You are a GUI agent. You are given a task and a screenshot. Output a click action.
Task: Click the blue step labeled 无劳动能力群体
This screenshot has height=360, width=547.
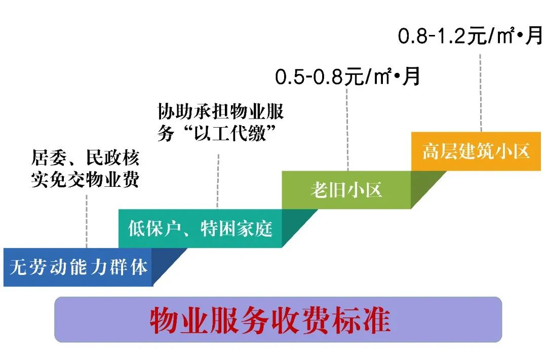point(78,267)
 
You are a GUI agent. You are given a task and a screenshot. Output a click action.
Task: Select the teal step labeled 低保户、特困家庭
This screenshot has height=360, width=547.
point(200,228)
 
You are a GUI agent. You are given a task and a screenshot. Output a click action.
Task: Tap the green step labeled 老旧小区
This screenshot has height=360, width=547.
point(346,190)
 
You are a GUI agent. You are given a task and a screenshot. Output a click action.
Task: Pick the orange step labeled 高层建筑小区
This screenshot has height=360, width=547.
point(476,151)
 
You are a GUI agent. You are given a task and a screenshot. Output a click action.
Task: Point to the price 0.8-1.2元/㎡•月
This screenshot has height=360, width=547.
point(470,35)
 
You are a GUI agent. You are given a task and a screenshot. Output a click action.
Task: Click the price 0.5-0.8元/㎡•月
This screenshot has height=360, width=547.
point(347,77)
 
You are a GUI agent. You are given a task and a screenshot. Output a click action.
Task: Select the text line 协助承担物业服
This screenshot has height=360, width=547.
point(220,111)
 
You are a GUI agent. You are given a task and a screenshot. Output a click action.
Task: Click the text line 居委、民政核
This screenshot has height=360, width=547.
point(86,157)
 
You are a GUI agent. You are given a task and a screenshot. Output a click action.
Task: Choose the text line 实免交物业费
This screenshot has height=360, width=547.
point(86,179)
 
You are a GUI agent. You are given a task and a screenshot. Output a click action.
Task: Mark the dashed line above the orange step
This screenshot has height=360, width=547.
point(480,93)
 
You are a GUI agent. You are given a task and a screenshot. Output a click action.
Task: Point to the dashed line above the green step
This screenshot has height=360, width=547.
point(347,130)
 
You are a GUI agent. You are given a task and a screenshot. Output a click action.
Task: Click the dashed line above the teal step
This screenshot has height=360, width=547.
point(218,182)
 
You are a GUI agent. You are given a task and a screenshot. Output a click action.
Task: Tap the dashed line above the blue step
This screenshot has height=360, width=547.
point(87,221)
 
